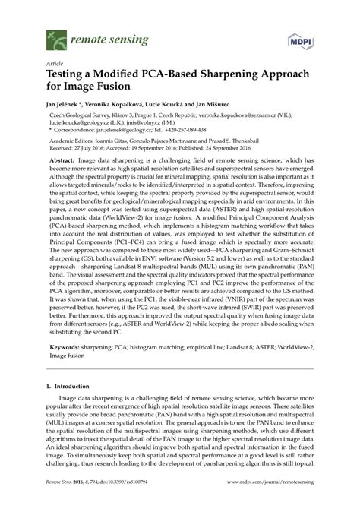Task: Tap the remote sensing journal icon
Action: pyautogui.click(x=55, y=36)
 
